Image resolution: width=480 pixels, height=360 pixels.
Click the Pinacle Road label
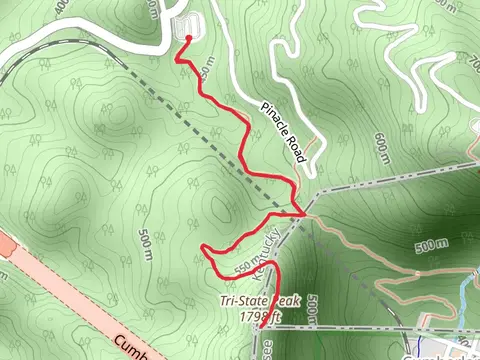click(283, 131)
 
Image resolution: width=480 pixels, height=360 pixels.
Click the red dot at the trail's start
click(189, 37)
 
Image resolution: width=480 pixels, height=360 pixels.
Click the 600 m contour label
click(382, 144)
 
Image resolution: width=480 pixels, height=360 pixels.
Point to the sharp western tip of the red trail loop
click(203, 247)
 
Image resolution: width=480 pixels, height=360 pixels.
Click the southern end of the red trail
click(261, 326)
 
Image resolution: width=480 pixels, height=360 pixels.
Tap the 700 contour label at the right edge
click(472, 62)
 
